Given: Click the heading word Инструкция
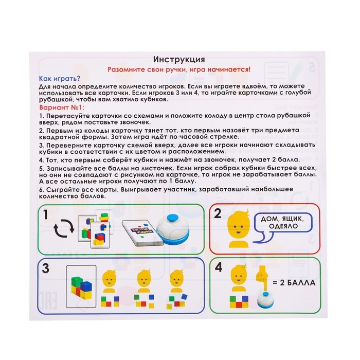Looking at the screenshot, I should (180, 59).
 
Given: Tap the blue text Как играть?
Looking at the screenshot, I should (57, 78).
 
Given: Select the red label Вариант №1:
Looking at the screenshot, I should (61, 109).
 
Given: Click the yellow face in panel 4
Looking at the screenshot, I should (238, 278).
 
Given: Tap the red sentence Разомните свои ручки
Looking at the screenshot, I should (179, 68).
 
